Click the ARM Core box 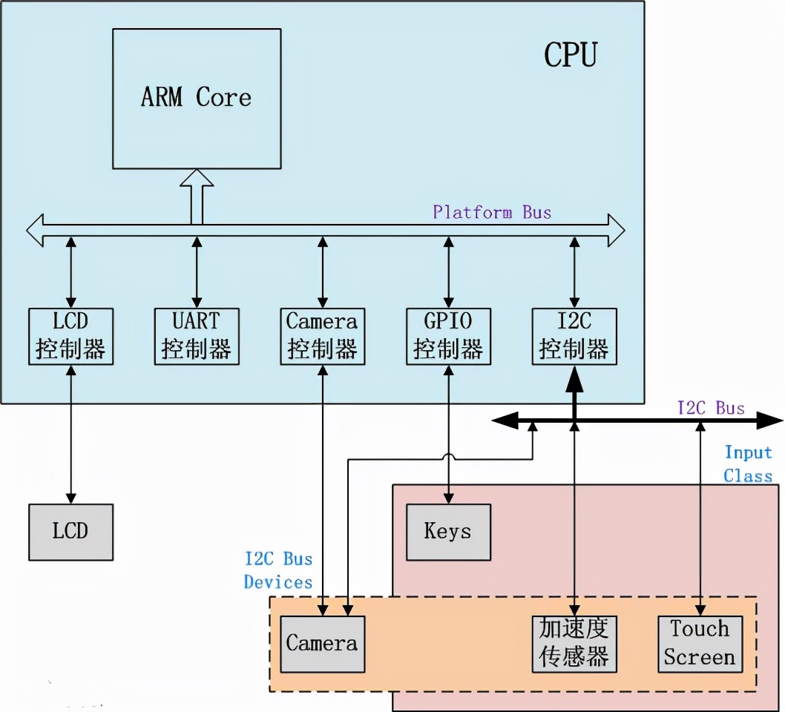pos(197,98)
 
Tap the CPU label pos(570,55)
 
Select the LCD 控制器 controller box pos(70,336)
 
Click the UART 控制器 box pos(197,336)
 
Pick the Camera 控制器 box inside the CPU pos(322,336)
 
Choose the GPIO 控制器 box pos(448,336)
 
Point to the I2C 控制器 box pos(574,336)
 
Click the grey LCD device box pos(70,532)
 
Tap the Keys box pos(448,532)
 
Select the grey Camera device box pos(322,644)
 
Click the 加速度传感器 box pos(574,644)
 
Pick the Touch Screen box pos(700,644)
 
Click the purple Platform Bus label pos(492,213)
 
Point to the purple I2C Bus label pos(710,408)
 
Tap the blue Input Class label pos(748,464)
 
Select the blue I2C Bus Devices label pos(278,570)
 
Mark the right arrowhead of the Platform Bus pos(615,230)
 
